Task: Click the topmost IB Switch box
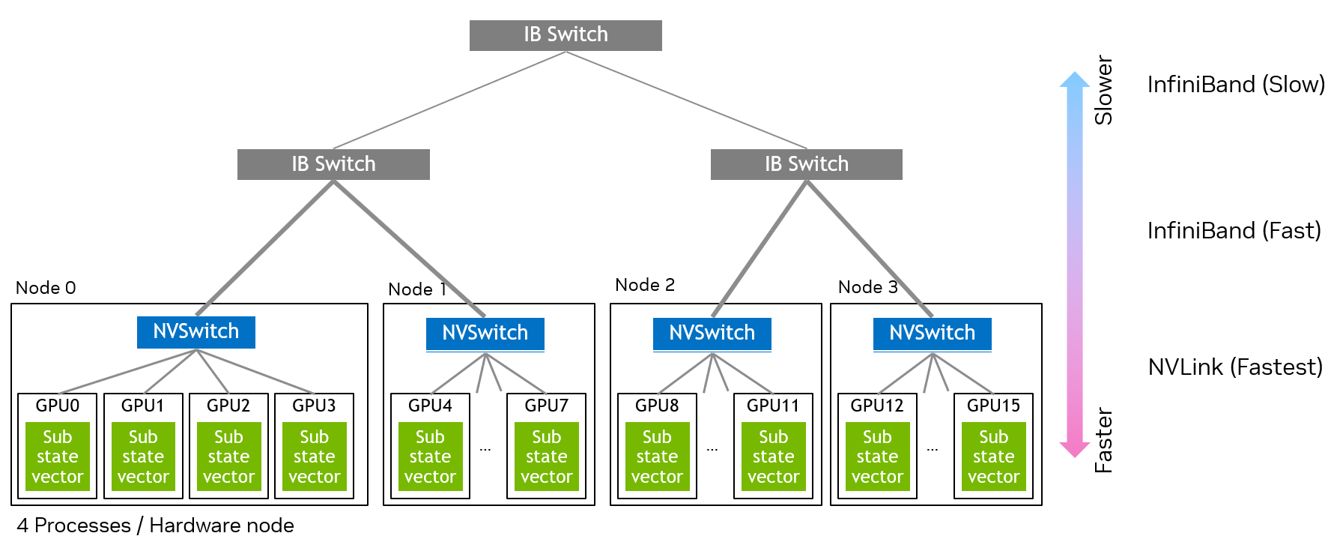pos(566,35)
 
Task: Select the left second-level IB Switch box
pos(333,164)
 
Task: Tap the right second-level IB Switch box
pos(806,164)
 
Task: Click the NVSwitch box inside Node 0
pos(195,331)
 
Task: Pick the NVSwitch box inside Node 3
pos(932,333)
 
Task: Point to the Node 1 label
pos(417,289)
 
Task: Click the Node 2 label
pos(644,285)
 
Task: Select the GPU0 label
pos(58,406)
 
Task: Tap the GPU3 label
pos(314,406)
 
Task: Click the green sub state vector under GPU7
pos(546,457)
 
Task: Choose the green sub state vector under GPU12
pos(877,457)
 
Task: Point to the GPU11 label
pos(773,406)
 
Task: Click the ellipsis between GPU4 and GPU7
pos(485,449)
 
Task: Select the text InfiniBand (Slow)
pos(1235,85)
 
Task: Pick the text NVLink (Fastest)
pos(1235,367)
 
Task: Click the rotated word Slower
pos(1103,90)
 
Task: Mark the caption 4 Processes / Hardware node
pos(155,526)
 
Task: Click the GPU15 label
pos(993,406)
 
